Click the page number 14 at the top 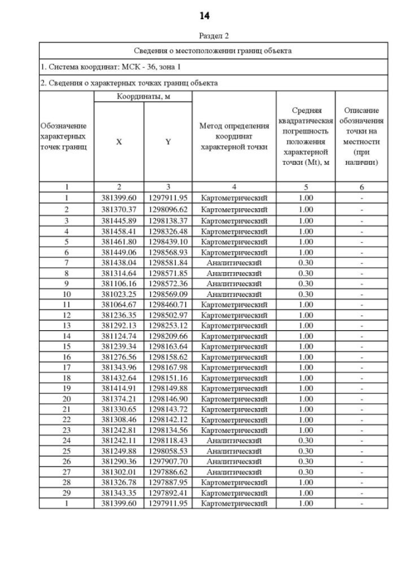[x=204, y=15]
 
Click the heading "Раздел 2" [x=204, y=36]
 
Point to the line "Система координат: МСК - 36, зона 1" [x=111, y=66]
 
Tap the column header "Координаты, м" [x=143, y=96]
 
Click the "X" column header [x=119, y=142]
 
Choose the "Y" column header [x=167, y=142]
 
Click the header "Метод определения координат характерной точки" [x=234, y=136]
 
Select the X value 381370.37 [x=119, y=209]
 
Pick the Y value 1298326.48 [x=167, y=231]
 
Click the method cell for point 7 [x=234, y=262]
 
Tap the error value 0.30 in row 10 [x=305, y=294]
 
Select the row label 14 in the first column [x=66, y=336]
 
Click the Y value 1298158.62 [x=167, y=357]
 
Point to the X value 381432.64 [x=119, y=378]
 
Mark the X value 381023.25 [x=119, y=294]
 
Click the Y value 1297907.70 [x=167, y=462]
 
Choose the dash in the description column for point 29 [x=361, y=493]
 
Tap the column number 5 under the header [x=305, y=187]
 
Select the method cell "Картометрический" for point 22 [x=234, y=420]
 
